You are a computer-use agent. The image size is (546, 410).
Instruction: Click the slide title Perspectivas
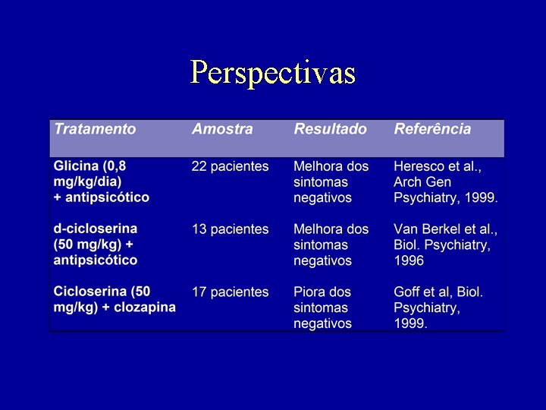click(273, 73)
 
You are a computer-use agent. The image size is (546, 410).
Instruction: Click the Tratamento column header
click(95, 129)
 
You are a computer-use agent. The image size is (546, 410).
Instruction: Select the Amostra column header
click(222, 129)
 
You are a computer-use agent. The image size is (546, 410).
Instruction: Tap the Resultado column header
click(330, 129)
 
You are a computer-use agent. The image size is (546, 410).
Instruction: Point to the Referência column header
click(432, 129)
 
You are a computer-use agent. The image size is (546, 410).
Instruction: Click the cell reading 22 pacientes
click(230, 166)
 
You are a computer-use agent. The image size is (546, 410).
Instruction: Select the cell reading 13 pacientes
click(230, 229)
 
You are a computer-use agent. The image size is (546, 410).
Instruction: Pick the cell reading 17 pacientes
click(230, 292)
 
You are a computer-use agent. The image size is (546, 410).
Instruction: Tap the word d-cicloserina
click(96, 229)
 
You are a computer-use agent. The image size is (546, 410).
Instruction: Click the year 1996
click(409, 260)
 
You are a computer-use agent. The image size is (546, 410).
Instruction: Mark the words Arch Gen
click(423, 182)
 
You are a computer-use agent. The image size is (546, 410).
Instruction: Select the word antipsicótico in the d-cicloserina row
click(96, 260)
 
